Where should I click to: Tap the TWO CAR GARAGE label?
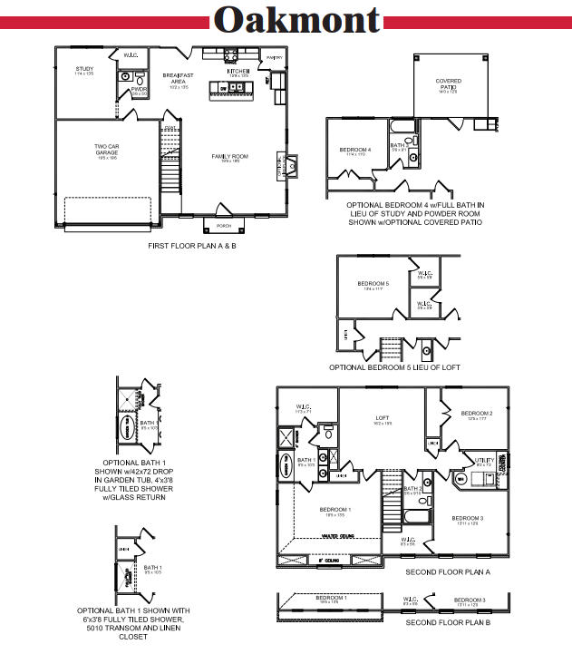(106, 150)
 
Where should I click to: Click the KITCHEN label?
(238, 70)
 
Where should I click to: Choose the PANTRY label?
(275, 58)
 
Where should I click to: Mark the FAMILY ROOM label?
(230, 156)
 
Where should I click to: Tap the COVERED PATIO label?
(449, 83)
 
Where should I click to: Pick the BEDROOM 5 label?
(375, 284)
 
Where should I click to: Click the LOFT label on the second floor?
(383, 419)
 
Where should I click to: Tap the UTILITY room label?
(485, 461)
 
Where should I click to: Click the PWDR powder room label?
(139, 90)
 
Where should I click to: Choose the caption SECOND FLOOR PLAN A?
(448, 573)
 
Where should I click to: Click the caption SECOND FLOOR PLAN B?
(448, 623)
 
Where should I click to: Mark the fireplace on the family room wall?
(293, 164)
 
